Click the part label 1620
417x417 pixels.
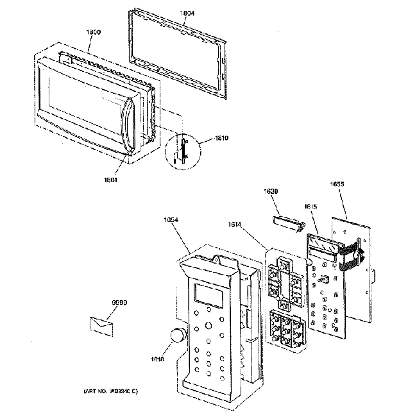272,191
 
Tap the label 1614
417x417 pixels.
235,225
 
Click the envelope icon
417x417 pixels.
102,323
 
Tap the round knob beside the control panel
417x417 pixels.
177,335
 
